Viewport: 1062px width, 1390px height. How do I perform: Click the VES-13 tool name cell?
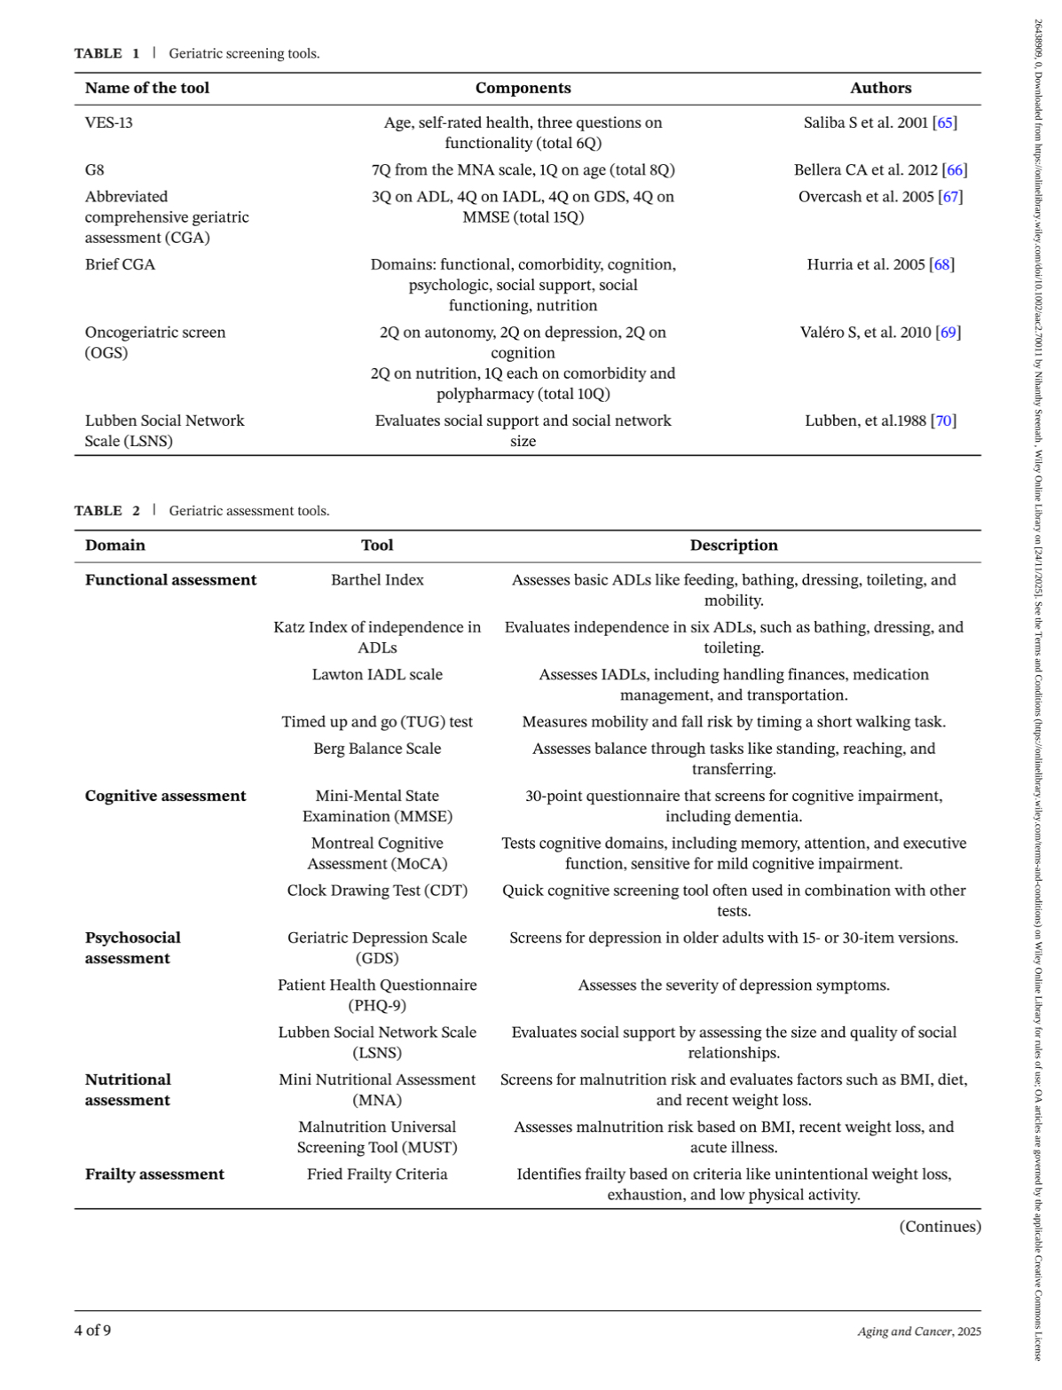[x=109, y=122]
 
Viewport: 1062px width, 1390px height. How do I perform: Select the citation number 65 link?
[x=945, y=122]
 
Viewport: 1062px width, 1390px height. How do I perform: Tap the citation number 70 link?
[x=944, y=420]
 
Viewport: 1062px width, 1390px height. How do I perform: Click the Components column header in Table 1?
[x=523, y=88]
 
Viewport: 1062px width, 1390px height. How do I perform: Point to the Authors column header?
[x=880, y=88]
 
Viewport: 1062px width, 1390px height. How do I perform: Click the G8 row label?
[x=95, y=169]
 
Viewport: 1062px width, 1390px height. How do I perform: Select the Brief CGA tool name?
[x=120, y=264]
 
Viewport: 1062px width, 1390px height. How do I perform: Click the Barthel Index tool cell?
[x=377, y=580]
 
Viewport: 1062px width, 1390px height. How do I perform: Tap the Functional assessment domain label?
[x=170, y=580]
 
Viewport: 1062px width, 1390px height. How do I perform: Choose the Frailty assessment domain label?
[x=154, y=1174]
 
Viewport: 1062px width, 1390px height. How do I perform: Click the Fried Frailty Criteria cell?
[x=377, y=1174]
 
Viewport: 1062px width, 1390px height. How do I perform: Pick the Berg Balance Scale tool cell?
[x=377, y=749]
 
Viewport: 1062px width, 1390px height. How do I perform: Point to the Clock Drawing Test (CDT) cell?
[x=377, y=891]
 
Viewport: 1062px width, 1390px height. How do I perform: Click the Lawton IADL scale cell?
[x=377, y=675]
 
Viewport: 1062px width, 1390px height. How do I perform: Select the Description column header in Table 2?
[x=734, y=546]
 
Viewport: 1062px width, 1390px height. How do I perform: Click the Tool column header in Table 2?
[x=377, y=546]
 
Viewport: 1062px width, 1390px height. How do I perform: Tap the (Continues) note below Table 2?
[x=940, y=1227]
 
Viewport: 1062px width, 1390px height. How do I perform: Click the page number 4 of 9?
[x=93, y=1331]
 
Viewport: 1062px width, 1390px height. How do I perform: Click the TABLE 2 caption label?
[x=106, y=511]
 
